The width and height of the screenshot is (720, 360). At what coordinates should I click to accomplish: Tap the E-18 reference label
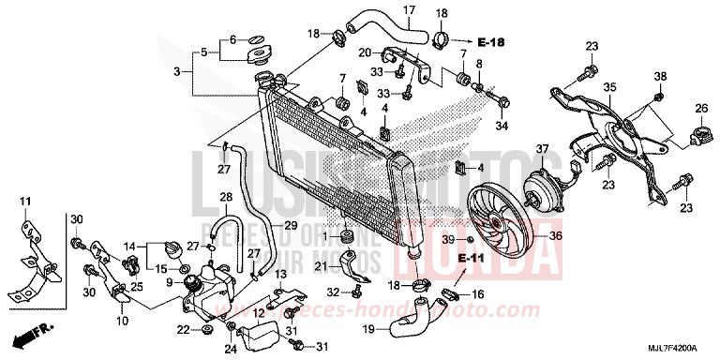pyautogui.click(x=489, y=42)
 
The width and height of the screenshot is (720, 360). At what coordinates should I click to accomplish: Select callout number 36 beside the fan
pyautogui.click(x=555, y=236)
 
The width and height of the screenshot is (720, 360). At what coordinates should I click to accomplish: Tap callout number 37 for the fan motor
pyautogui.click(x=541, y=149)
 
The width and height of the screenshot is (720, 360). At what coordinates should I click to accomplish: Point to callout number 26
pyautogui.click(x=700, y=111)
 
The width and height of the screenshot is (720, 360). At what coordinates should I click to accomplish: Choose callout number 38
pyautogui.click(x=659, y=76)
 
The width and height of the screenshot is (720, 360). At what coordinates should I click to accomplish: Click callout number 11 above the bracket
pyautogui.click(x=25, y=201)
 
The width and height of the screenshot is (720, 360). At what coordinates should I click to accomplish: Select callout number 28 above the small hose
pyautogui.click(x=225, y=196)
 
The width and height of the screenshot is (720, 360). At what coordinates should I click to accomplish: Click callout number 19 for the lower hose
pyautogui.click(x=368, y=329)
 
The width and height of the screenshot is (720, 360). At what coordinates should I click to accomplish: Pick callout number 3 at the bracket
pyautogui.click(x=176, y=70)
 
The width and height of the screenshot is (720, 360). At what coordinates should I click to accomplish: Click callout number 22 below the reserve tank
pyautogui.click(x=182, y=329)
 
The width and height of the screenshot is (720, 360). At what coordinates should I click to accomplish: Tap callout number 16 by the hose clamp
pyautogui.click(x=476, y=294)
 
